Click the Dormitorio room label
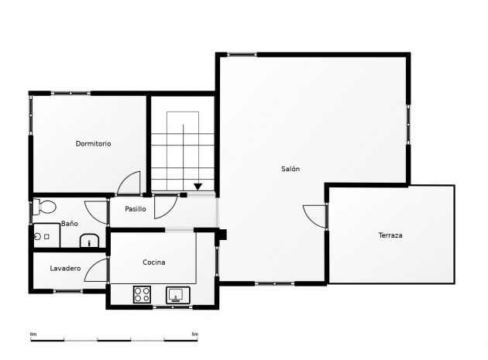tap(94, 143)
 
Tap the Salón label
tap(290, 169)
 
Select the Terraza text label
tap(390, 235)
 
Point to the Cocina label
tap(153, 262)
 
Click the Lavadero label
tap(65, 268)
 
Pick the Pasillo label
tap(136, 209)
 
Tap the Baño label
tap(70, 224)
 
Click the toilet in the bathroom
tap(44, 207)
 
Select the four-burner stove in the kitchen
tap(142, 295)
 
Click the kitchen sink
tap(177, 295)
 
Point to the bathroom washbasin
tap(89, 241)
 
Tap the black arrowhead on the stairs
tap(198, 187)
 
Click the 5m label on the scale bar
tap(195, 334)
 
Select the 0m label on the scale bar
tap(33, 334)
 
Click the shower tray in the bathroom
tap(46, 235)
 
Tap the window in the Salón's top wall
tap(242, 54)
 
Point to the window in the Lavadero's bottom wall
tap(68, 291)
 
